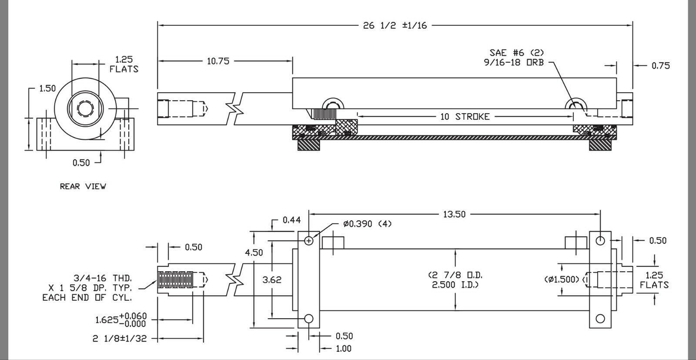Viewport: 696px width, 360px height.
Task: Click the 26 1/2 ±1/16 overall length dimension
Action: click(395, 25)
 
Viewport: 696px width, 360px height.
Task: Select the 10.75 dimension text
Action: click(217, 61)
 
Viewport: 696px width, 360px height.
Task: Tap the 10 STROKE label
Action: click(465, 117)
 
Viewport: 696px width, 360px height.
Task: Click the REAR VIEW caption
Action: click(83, 186)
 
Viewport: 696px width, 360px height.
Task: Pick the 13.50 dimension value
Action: click(454, 214)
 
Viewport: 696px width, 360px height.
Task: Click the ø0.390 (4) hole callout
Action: click(367, 224)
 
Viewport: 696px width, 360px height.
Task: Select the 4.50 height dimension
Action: click(254, 252)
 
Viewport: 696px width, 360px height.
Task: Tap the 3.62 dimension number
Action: click(272, 279)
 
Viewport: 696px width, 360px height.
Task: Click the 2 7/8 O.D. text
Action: click(455, 276)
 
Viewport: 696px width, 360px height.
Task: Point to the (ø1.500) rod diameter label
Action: click(562, 279)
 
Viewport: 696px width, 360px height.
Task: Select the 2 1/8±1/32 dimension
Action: click(120, 338)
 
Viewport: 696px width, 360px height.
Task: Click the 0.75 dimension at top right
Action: click(660, 66)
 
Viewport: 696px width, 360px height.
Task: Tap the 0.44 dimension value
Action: click(291, 220)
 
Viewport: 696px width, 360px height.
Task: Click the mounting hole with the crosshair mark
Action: click(309, 240)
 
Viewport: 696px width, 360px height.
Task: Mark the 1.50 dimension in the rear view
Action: click(47, 88)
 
